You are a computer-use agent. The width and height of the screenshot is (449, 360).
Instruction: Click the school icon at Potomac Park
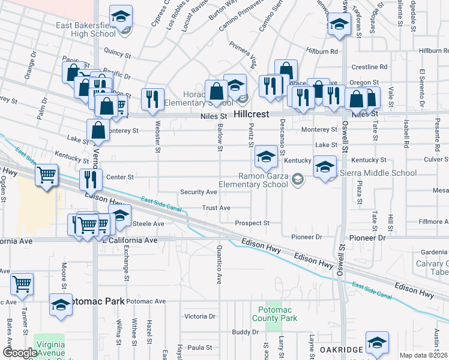[61, 304]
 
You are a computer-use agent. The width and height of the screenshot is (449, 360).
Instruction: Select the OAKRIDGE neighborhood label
[339, 350]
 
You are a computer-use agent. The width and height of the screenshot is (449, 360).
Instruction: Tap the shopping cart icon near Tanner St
[22, 283]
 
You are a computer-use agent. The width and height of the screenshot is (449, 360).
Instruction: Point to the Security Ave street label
[199, 192]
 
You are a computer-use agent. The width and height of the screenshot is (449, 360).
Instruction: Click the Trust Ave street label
[216, 208]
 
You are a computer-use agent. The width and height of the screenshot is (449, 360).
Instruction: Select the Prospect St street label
[252, 223]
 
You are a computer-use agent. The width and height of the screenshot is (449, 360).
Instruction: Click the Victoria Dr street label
[200, 316]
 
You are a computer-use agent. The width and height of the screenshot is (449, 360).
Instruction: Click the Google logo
[20, 353]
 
